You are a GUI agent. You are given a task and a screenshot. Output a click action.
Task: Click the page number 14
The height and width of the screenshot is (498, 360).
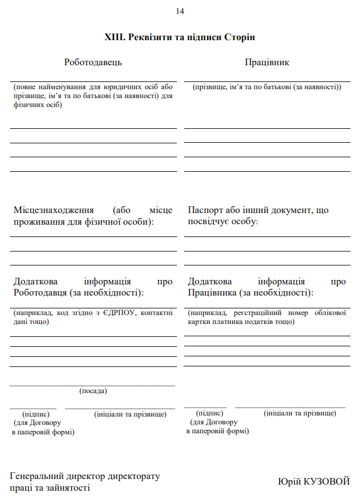tap(180, 11)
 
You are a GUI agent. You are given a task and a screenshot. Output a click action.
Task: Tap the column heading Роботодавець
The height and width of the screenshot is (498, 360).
tap(93, 62)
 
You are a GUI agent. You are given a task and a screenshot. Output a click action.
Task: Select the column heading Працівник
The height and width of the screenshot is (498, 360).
tap(267, 62)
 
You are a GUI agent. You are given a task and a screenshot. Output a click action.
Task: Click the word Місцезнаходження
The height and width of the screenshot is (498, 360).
tap(53, 210)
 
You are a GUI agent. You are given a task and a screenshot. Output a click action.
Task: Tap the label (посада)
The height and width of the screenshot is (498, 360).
tap(93, 391)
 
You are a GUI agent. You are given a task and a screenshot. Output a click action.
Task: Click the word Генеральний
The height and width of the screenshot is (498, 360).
tap(37, 476)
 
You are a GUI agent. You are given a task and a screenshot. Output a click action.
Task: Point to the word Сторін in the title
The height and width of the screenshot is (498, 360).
tap(240, 37)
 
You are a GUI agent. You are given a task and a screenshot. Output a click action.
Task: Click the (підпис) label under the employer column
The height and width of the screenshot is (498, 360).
tap(36, 414)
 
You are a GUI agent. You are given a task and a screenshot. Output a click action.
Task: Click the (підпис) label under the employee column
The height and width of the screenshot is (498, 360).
tap(210, 413)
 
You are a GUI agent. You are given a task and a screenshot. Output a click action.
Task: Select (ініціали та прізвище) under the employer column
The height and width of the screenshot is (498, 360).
tap(130, 414)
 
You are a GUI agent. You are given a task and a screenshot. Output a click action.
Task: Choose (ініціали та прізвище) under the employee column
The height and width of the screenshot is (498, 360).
tap(300, 413)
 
